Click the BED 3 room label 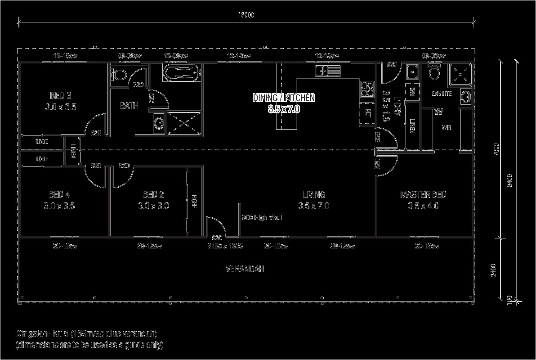61,95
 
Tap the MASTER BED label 423,195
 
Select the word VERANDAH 245,269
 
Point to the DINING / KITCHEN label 284,98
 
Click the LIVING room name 313,195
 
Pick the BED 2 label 153,195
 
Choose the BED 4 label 59,195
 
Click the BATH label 129,106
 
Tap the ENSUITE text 442,94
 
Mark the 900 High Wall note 262,218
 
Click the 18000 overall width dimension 246,15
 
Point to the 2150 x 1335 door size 225,246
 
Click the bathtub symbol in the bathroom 183,73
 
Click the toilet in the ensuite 435,72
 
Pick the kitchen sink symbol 328,70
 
